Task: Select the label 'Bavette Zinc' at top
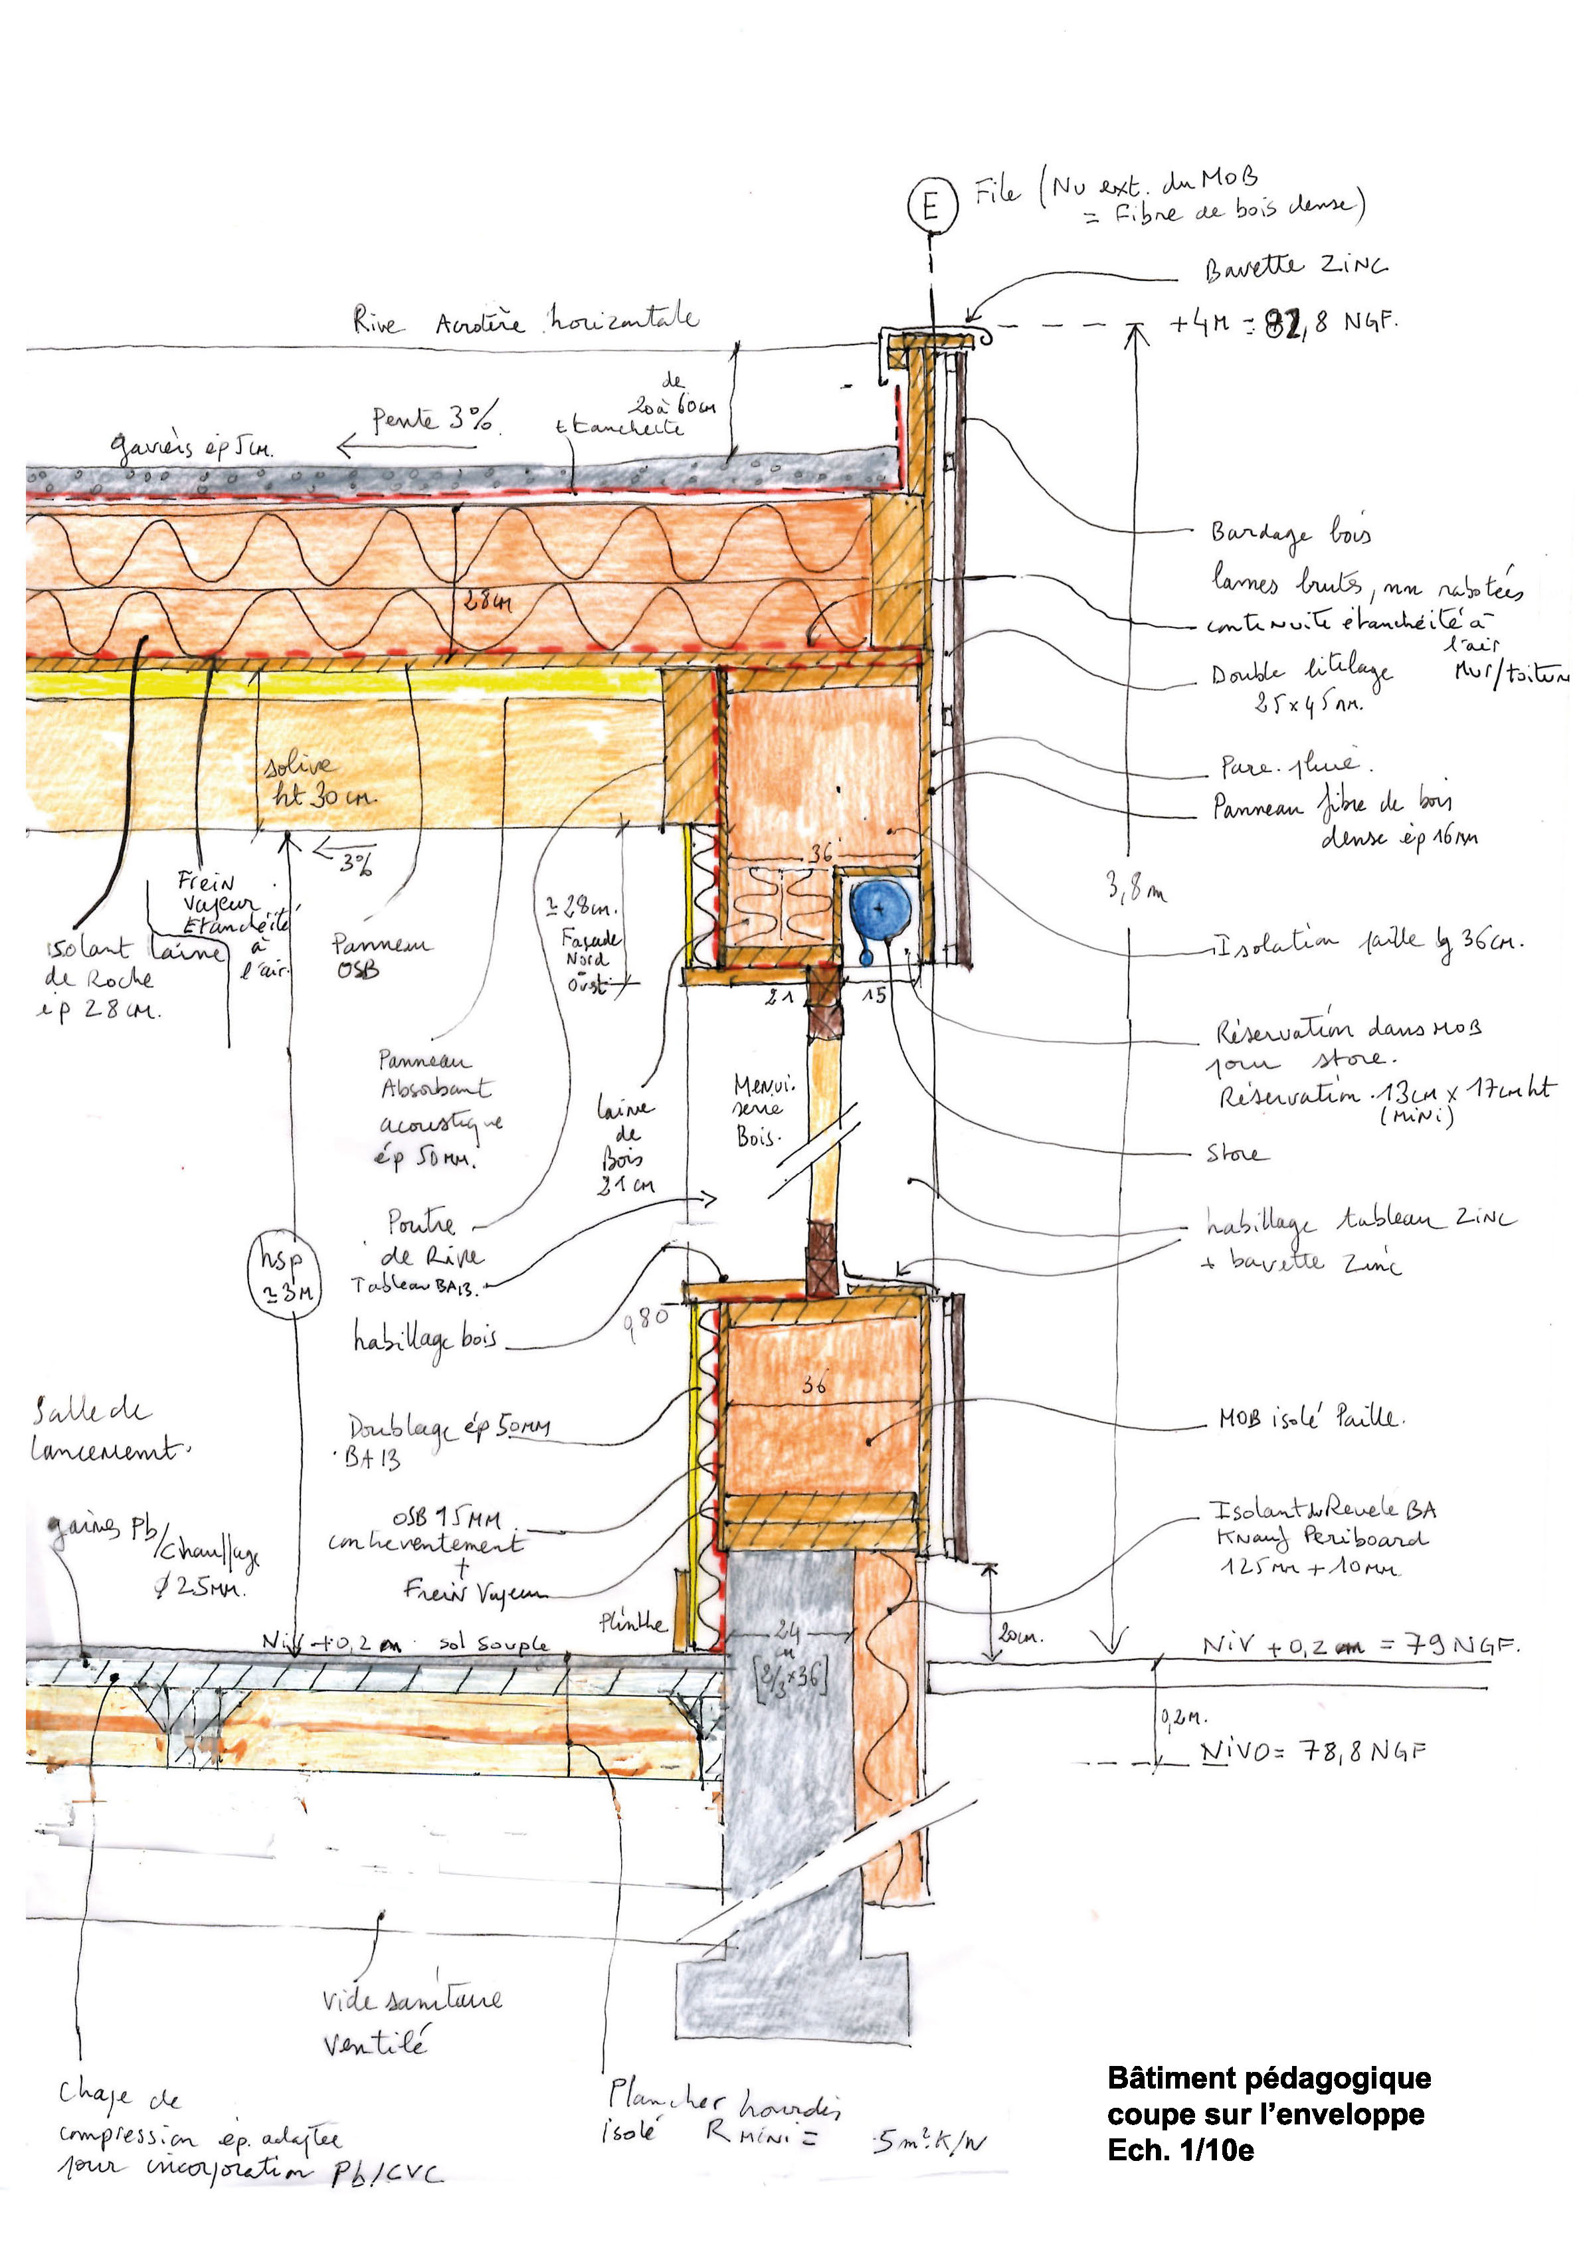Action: tap(1295, 268)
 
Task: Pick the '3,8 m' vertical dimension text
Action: tap(1135, 889)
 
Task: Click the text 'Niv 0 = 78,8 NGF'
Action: tap(1313, 1751)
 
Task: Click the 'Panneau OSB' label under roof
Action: tap(381, 956)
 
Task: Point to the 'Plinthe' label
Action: tap(633, 1623)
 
